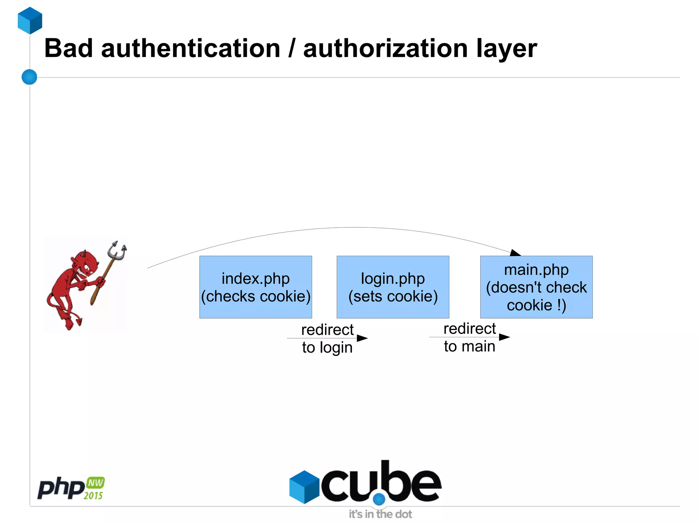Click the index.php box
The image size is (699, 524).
(x=256, y=287)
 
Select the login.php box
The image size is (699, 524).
(x=393, y=287)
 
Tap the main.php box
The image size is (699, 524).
(x=536, y=287)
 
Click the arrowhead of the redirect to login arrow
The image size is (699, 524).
(x=362, y=338)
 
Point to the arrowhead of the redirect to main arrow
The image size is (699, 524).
(x=504, y=337)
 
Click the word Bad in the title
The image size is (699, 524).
(x=68, y=48)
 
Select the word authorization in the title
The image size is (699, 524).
(x=385, y=48)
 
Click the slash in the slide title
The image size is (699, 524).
(x=291, y=48)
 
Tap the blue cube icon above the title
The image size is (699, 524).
(x=30, y=20)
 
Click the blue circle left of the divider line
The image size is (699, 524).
(x=29, y=77)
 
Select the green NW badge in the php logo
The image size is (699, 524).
(x=95, y=483)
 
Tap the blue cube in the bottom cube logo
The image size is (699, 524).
(x=304, y=487)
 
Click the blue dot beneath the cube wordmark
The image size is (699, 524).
(x=379, y=499)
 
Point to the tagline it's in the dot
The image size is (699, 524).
(x=380, y=514)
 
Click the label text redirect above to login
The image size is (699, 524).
(x=327, y=330)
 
